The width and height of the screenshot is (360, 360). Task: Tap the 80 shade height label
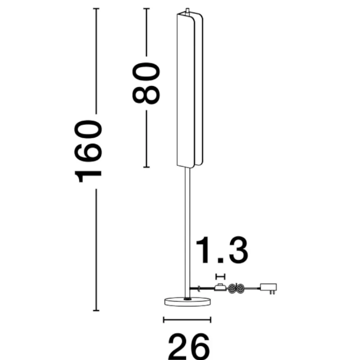tap(146, 83)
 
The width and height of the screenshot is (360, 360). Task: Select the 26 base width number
tap(189, 347)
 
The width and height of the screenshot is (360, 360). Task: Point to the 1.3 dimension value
tap(222, 250)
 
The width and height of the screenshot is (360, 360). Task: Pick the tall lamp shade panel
tap(190, 90)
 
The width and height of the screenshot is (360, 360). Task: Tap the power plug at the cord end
tap(269, 288)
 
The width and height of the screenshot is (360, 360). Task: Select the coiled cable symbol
tap(237, 288)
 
